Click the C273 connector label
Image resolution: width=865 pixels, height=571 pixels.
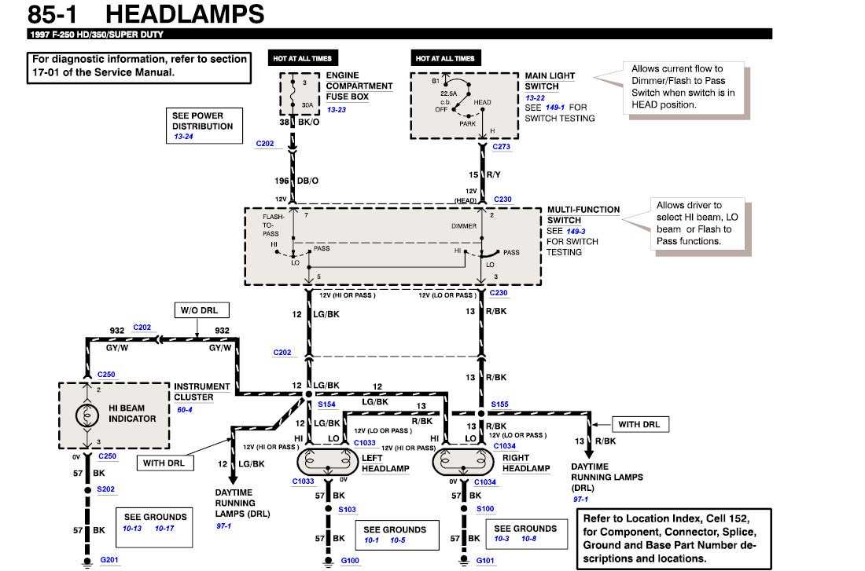click(501, 147)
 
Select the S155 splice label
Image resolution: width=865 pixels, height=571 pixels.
click(499, 404)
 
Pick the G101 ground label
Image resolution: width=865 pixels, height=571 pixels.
click(485, 561)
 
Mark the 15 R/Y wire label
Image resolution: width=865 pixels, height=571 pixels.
click(485, 174)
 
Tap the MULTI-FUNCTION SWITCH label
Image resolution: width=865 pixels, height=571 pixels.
click(583, 214)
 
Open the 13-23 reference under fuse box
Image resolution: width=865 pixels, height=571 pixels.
click(336, 109)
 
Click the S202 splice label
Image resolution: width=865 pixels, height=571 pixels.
click(105, 489)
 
